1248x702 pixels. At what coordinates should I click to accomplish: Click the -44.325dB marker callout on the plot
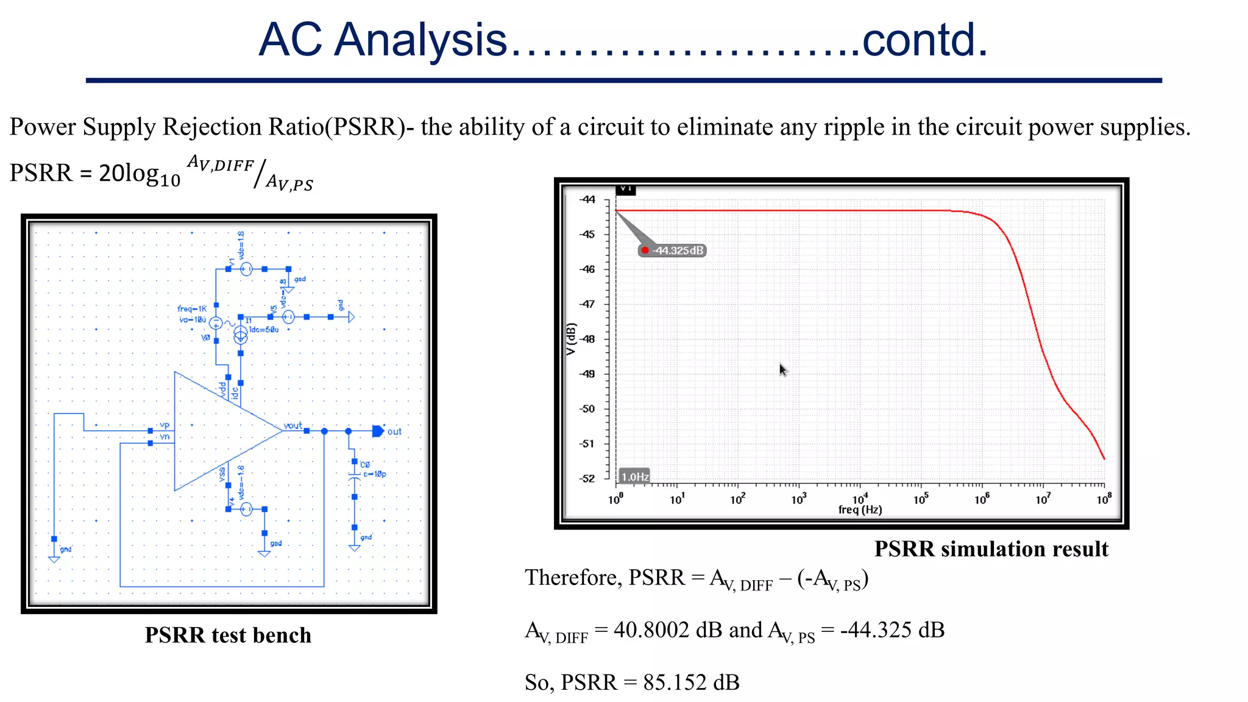click(x=673, y=250)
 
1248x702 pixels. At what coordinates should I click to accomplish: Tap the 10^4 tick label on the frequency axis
click(x=860, y=499)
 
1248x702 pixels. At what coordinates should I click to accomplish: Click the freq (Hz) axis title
click(x=860, y=510)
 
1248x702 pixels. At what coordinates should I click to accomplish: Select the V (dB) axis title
click(x=571, y=339)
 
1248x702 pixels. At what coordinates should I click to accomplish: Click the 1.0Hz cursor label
click(x=634, y=477)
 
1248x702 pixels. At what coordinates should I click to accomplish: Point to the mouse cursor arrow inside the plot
click(x=783, y=369)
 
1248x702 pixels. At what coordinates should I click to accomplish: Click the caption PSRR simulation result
click(x=991, y=549)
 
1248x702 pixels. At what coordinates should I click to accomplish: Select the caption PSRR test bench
click(x=228, y=636)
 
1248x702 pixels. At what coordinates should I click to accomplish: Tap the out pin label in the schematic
click(x=394, y=431)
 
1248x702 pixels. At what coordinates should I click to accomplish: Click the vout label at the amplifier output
click(x=293, y=425)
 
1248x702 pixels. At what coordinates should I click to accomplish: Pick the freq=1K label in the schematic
click(x=192, y=309)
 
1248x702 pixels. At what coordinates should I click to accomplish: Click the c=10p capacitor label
click(x=374, y=473)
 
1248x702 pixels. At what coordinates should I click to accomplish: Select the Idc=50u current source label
click(x=264, y=330)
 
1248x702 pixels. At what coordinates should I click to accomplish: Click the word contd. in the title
click(x=924, y=40)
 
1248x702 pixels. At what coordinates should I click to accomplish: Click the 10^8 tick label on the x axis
click(x=1104, y=499)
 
